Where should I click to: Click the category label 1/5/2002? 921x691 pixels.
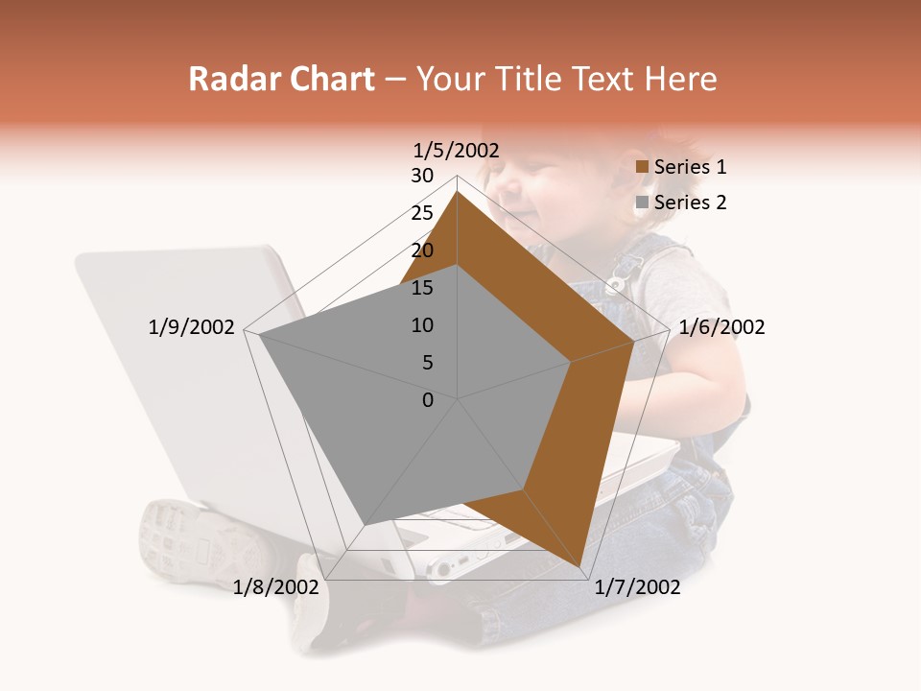pos(457,150)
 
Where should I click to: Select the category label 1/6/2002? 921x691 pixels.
pos(721,327)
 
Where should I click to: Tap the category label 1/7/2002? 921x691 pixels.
pos(637,587)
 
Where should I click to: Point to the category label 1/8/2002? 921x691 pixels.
pos(275,587)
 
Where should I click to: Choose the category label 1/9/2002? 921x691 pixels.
pos(191,327)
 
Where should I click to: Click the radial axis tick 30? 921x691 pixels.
pos(422,176)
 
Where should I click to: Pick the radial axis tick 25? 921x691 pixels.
pos(422,213)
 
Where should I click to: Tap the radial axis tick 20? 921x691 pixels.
pos(422,250)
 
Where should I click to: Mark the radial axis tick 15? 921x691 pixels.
pos(422,288)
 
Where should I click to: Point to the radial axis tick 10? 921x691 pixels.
pos(422,325)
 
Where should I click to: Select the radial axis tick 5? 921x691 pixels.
pos(427,363)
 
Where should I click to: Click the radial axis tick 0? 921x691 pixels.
pos(428,400)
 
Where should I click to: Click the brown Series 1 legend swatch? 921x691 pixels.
pos(643,167)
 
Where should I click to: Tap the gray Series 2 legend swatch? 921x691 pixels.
pos(643,203)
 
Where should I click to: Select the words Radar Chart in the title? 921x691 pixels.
pos(281,79)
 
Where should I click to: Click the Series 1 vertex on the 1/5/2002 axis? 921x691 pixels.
pos(458,192)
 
